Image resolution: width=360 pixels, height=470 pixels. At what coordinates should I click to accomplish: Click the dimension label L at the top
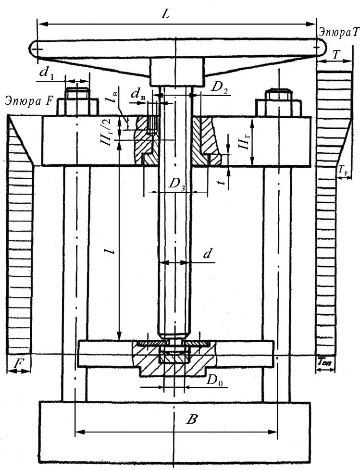[x=166, y=14]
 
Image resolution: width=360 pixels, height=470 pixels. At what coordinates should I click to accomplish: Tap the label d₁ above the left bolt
[x=46, y=73]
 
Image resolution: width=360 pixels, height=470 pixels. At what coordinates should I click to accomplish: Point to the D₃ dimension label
[x=176, y=185]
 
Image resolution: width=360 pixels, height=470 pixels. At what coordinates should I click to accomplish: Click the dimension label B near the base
[x=192, y=420]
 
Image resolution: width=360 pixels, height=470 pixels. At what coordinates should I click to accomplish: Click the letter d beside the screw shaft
[x=208, y=255]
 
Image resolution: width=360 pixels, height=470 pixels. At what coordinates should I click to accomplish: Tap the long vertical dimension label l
[x=112, y=251]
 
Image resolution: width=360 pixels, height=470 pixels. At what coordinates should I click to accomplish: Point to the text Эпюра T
[x=338, y=32]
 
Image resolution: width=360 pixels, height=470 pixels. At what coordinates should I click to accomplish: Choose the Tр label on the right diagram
[x=343, y=170]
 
